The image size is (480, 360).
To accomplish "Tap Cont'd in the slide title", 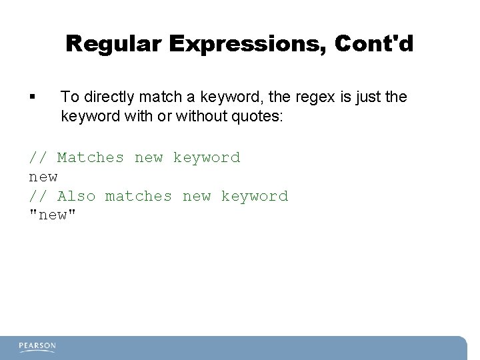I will point(375,44).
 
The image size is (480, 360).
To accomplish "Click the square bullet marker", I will point(33,97).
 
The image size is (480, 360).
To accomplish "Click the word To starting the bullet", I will point(69,97).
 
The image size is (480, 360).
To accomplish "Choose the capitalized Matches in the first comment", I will point(91,158).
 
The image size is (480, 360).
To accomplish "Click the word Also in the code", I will point(76,197).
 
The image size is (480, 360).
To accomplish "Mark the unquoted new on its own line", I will point(43,177).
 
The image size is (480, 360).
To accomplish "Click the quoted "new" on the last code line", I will point(53,215).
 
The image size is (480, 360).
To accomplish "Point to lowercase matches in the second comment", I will point(139,197).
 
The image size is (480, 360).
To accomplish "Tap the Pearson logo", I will point(37,347).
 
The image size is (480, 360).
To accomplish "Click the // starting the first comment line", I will point(38,158).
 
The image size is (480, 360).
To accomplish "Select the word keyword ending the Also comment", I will point(255,197).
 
